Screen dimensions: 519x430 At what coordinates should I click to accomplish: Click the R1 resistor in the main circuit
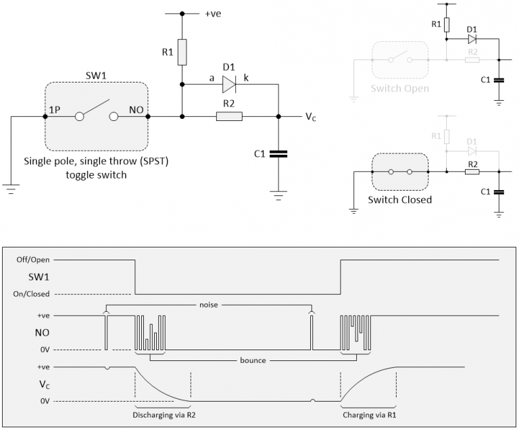182,52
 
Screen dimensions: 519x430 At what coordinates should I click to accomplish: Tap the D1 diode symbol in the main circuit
229,85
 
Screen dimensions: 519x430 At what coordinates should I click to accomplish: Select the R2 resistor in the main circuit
229,116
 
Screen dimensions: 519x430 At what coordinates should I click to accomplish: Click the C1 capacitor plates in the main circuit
278,154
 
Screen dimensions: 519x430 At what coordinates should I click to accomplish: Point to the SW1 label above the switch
96,76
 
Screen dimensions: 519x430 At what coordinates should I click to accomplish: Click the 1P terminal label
55,110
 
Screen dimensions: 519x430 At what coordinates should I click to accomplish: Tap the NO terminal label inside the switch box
136,110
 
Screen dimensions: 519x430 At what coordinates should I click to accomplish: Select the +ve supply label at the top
213,14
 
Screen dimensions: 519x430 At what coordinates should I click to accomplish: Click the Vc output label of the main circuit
310,116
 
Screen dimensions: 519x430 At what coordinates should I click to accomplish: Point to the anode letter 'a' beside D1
212,78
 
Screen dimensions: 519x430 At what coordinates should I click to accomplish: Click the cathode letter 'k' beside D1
246,78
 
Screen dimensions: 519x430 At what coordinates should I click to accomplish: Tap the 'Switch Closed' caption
400,199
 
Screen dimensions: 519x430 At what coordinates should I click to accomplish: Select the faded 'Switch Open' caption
400,89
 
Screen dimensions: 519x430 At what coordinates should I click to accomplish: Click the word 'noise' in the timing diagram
209,305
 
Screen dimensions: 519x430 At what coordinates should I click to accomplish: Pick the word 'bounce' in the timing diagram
253,360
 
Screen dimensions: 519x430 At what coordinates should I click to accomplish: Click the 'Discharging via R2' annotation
164,415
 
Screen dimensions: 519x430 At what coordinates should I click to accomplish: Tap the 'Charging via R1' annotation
370,415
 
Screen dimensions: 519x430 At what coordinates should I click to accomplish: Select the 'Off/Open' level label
33,260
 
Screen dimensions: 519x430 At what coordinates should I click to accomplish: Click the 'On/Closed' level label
32,294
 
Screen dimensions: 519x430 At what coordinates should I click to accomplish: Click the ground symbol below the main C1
278,195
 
